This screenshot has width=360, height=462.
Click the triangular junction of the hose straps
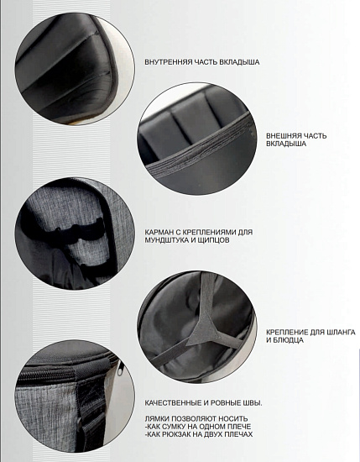click(x=207, y=331)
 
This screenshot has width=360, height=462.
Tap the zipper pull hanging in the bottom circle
click(x=120, y=368)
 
